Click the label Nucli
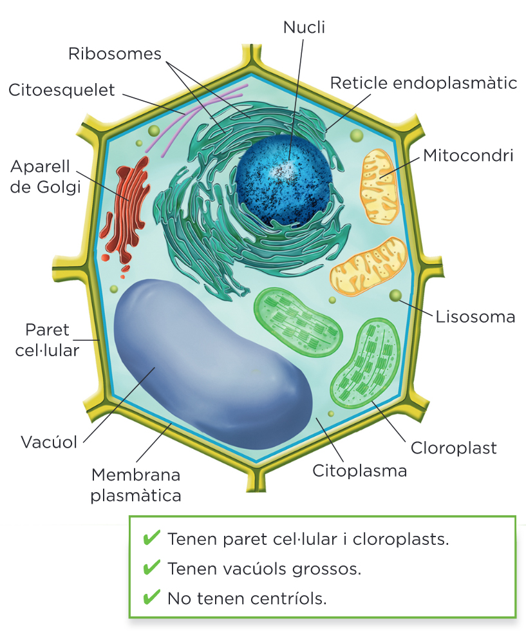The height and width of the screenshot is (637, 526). click(305, 27)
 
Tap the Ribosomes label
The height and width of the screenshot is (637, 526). click(115, 54)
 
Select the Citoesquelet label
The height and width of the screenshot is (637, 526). click(62, 90)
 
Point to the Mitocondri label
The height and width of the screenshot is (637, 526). click(468, 155)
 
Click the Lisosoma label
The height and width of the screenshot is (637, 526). click(476, 317)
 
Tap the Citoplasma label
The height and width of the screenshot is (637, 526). click(360, 471)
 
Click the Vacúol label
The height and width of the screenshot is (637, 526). click(49, 442)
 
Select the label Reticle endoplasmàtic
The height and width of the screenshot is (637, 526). click(424, 83)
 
